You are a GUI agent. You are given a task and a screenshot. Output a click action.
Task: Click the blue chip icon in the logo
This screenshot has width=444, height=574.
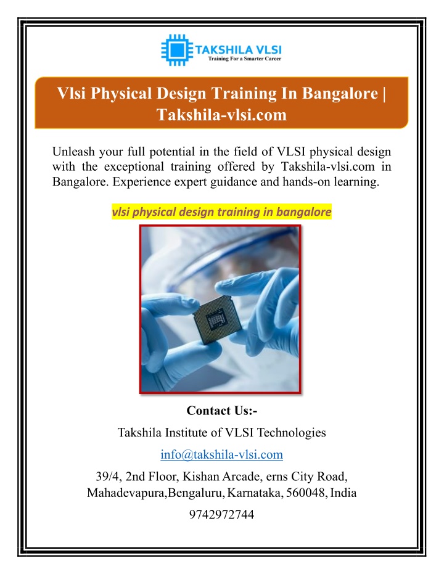coord(177,50)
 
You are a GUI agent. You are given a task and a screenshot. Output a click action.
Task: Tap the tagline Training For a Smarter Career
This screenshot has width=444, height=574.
coord(245,59)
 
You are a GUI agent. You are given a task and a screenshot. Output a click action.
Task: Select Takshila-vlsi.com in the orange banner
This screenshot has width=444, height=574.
coord(222,115)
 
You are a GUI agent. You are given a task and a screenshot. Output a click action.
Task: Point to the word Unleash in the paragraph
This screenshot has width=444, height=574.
coord(73,151)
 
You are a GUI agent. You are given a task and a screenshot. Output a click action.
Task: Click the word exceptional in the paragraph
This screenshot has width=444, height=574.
coord(134,166)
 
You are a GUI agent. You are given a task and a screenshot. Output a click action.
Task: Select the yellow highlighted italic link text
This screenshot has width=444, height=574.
coord(222,211)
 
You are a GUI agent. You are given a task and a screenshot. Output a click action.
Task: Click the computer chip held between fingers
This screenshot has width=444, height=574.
coord(218,319)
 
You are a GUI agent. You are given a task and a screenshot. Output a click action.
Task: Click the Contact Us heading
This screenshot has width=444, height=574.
coord(222,411)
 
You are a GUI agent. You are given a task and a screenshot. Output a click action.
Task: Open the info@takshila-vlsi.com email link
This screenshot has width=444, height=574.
coord(222,454)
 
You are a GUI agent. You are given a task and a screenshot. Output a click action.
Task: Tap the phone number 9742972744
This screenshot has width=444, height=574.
coord(222,514)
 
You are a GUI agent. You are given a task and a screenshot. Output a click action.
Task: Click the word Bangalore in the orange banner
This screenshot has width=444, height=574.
coord(340,94)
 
